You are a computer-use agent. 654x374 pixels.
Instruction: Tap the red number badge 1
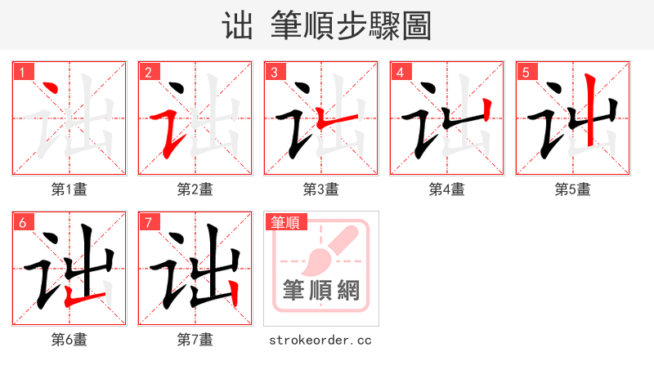(22, 72)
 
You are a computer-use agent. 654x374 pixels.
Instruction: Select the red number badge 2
(148, 72)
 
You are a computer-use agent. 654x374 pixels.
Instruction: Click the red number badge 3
(274, 72)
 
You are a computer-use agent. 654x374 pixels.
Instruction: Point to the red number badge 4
(400, 72)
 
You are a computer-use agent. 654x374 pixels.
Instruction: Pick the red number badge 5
(526, 72)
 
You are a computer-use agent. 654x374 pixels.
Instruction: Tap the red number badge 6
(22, 222)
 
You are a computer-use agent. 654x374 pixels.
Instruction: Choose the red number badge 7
(148, 222)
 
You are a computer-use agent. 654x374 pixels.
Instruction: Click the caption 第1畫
(69, 189)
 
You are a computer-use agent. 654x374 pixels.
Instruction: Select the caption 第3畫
(320, 189)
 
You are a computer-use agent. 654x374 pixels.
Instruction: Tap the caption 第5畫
(572, 189)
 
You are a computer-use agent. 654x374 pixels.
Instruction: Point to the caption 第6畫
(69, 340)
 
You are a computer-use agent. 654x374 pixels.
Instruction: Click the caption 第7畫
(195, 340)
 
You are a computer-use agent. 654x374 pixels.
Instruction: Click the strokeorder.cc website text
(320, 340)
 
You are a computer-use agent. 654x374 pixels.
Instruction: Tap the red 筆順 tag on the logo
(285, 222)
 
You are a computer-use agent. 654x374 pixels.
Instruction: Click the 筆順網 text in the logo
(320, 290)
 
